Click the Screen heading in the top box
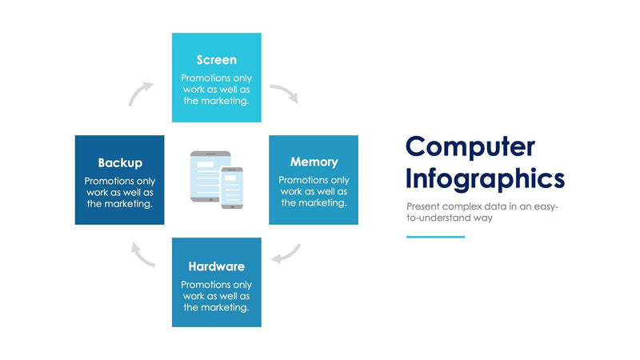(x=216, y=60)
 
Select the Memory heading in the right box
(x=314, y=162)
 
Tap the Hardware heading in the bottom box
(x=216, y=266)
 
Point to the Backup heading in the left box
(x=120, y=162)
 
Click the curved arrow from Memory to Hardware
(x=286, y=254)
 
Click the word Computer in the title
(x=470, y=146)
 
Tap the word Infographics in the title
(x=485, y=177)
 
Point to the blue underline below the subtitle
(x=435, y=237)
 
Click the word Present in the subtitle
(x=424, y=206)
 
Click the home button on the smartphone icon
(x=232, y=205)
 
